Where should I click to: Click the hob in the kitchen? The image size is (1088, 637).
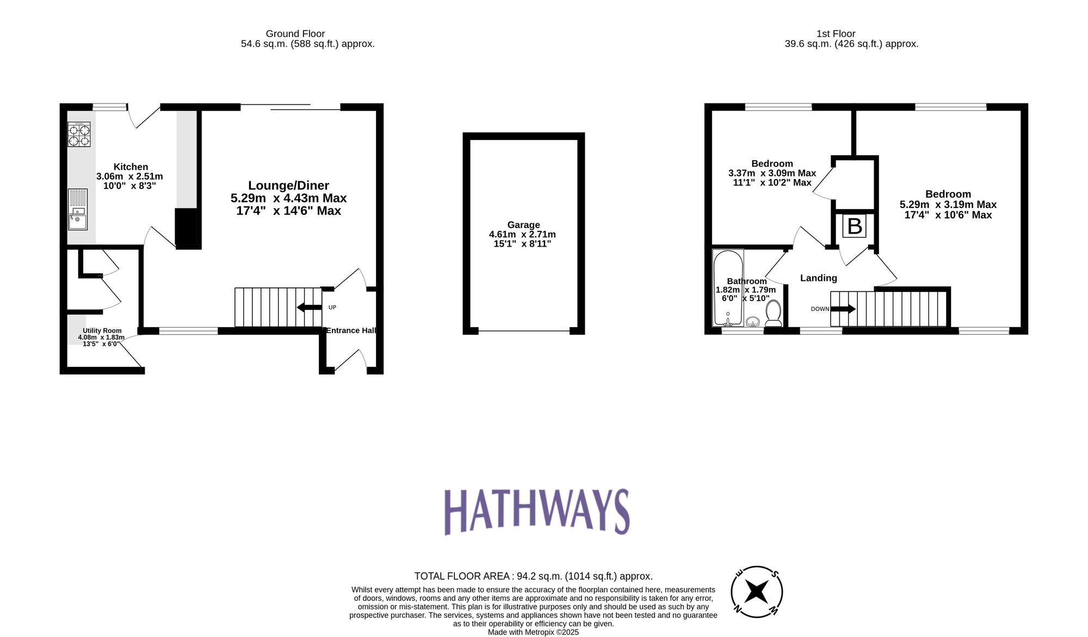(x=79, y=134)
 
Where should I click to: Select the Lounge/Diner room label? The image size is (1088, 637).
(x=288, y=186)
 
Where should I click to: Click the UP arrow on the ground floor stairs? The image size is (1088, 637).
(x=310, y=308)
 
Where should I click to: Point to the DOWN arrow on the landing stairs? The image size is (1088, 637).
(x=843, y=309)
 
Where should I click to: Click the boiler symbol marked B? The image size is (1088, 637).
(x=855, y=226)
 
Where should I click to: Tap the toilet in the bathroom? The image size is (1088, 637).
(x=773, y=314)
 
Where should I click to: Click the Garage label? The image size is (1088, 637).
(x=523, y=225)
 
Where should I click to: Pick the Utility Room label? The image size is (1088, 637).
(x=102, y=330)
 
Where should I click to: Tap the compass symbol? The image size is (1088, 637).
(x=756, y=592)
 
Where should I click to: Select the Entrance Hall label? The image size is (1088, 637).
(x=351, y=330)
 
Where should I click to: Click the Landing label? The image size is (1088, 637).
(x=818, y=278)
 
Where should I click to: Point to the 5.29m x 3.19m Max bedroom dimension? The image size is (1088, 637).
(x=948, y=205)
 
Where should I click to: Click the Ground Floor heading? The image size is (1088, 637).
(x=295, y=34)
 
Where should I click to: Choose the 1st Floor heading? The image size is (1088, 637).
(x=836, y=34)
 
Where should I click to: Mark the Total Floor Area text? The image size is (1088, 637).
(x=533, y=576)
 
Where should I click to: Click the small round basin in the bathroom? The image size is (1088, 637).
(x=753, y=322)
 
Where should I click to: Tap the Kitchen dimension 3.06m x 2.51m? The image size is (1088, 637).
(x=129, y=176)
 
